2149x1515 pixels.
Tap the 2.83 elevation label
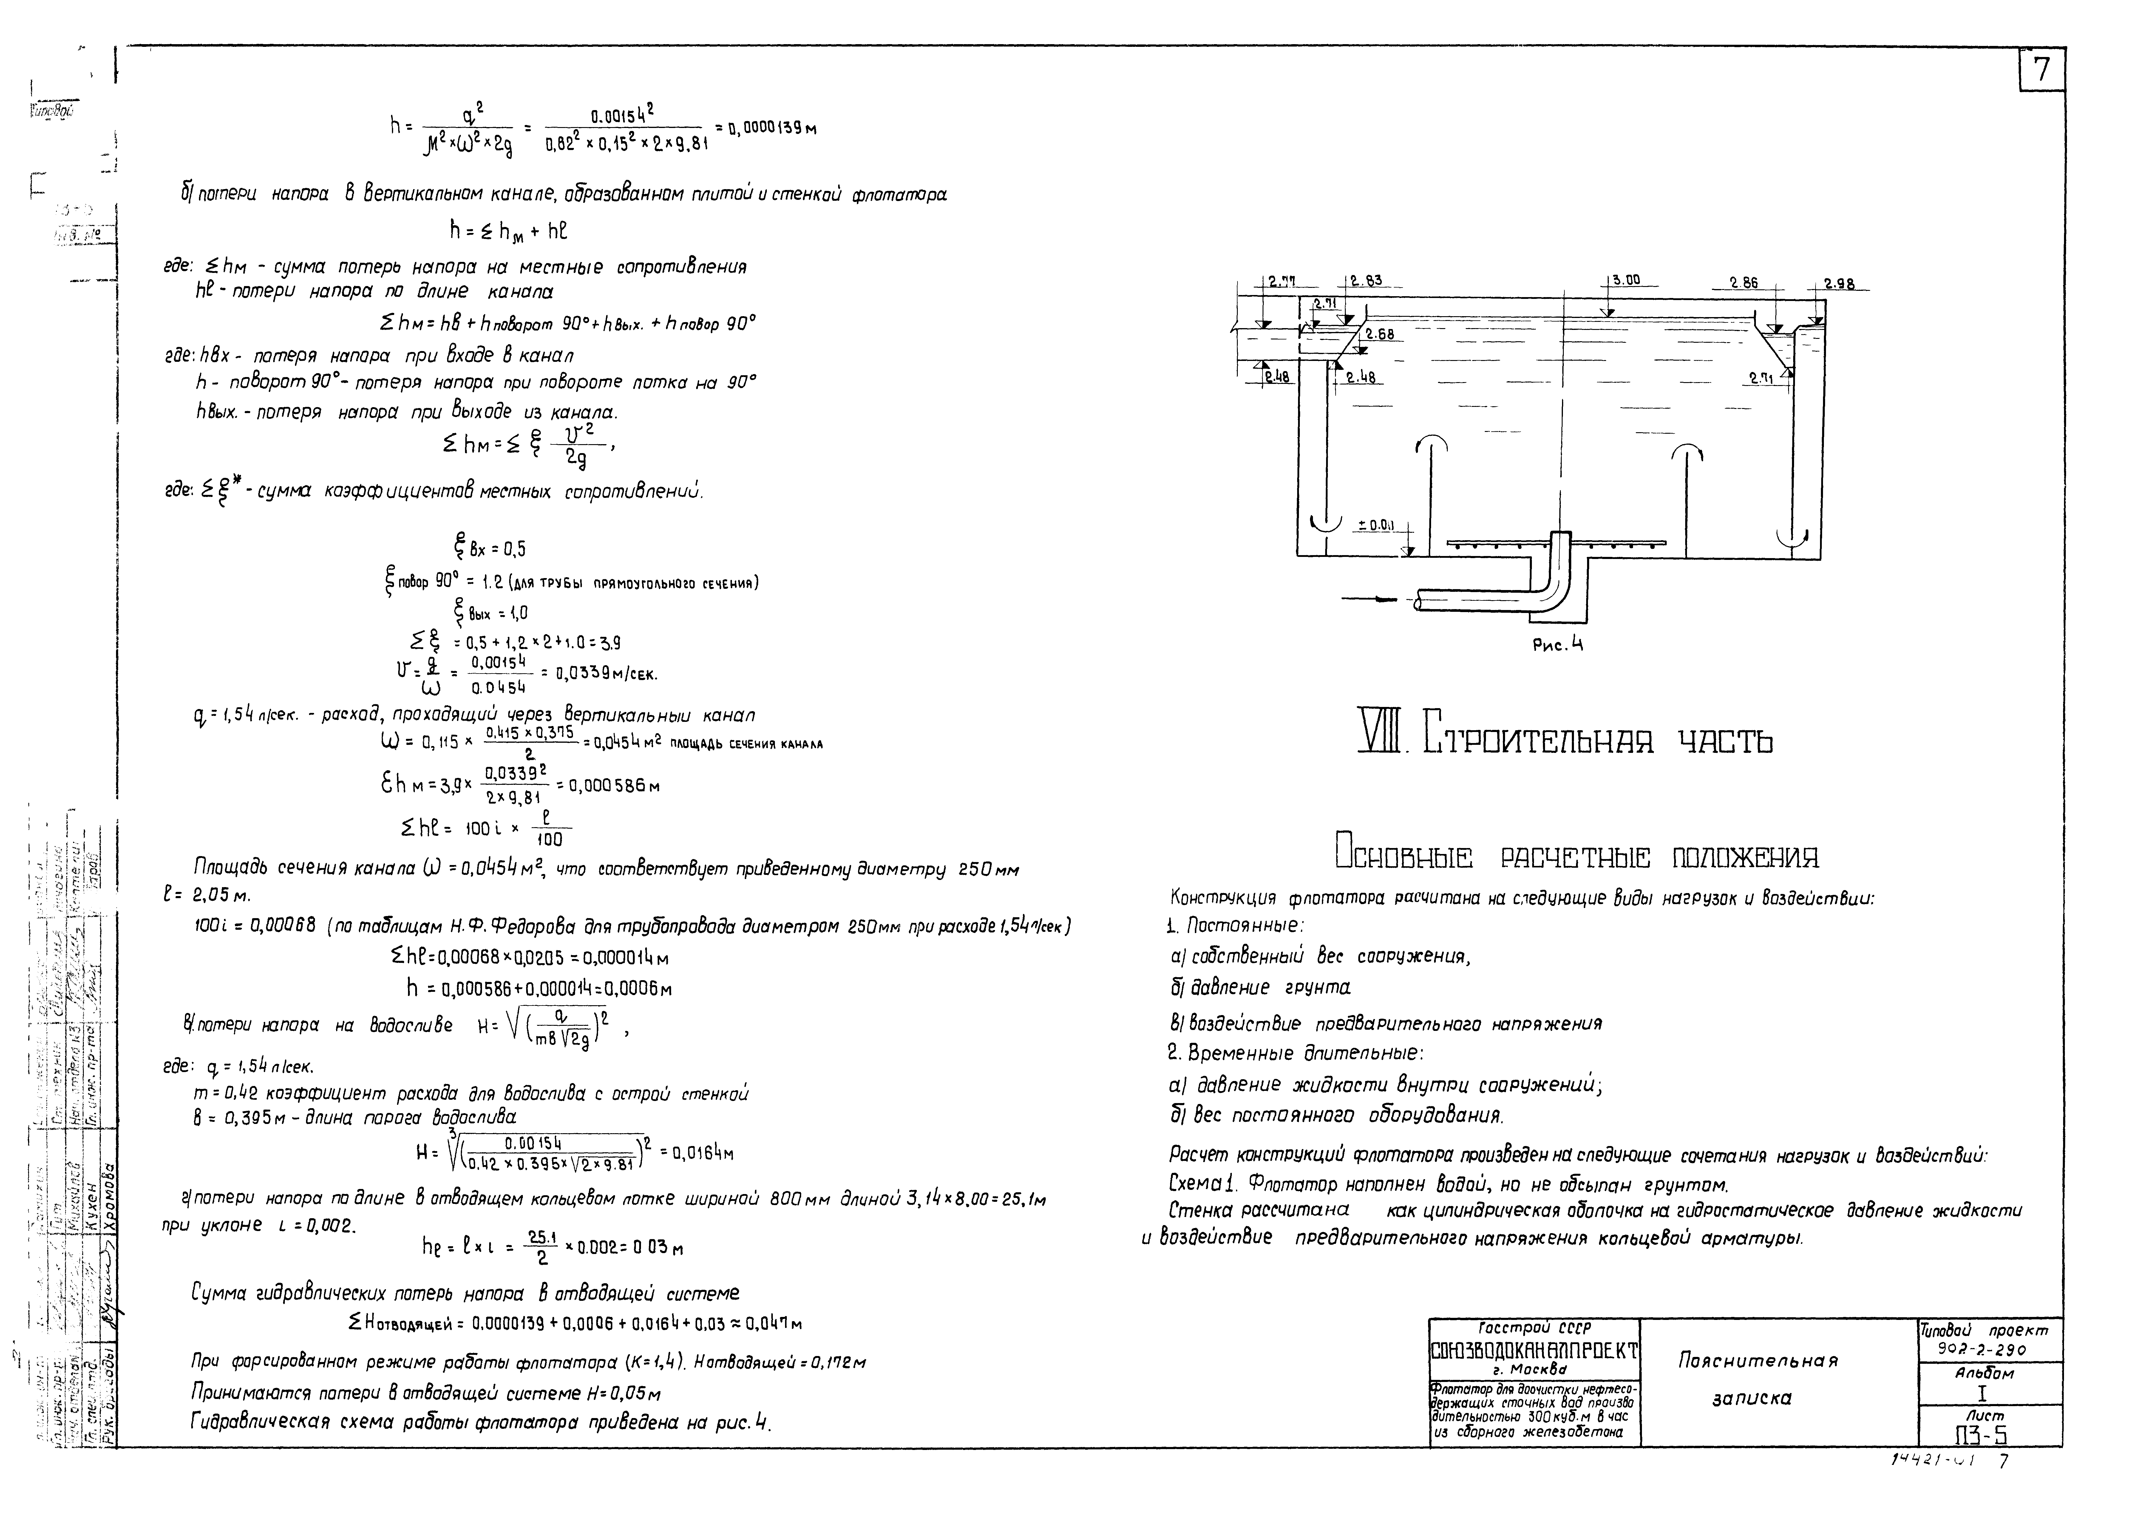[x=1367, y=280]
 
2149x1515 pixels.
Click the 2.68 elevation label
[x=1380, y=334]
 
